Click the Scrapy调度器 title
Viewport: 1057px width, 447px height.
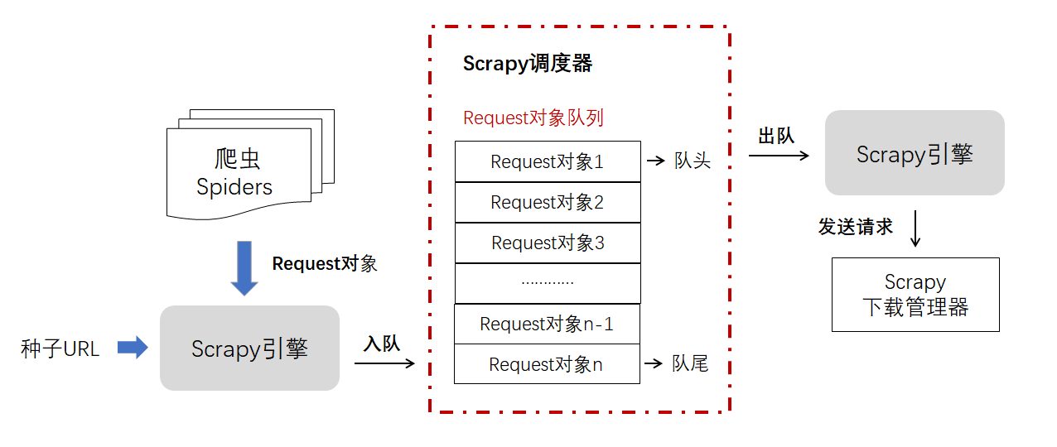[x=527, y=64]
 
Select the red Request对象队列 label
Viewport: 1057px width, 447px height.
[x=533, y=118]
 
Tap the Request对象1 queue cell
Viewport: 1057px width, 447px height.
[x=548, y=161]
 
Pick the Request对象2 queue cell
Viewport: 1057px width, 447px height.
[x=548, y=202]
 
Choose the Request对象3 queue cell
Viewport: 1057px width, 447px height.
[x=548, y=243]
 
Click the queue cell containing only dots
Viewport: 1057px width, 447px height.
[x=548, y=283]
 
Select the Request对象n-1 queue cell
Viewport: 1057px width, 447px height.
[x=547, y=324]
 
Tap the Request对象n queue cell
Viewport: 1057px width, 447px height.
[x=547, y=364]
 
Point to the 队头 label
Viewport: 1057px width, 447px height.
[x=693, y=161]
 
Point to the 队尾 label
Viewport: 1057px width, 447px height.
[x=690, y=363]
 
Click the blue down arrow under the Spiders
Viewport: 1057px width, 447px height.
[x=244, y=268]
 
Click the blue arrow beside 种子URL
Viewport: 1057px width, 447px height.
[x=133, y=348]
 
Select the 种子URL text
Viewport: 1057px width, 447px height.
[x=60, y=349]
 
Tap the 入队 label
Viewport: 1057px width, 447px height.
[x=381, y=344]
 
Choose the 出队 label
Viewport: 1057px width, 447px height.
[x=776, y=137]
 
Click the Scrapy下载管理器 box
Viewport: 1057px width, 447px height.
[x=915, y=295]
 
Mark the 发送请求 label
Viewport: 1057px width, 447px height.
[x=856, y=227]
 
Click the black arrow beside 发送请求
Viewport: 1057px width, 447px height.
[x=915, y=228]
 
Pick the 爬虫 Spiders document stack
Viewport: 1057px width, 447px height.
[x=250, y=165]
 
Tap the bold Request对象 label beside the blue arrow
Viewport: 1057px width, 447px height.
[x=325, y=263]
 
